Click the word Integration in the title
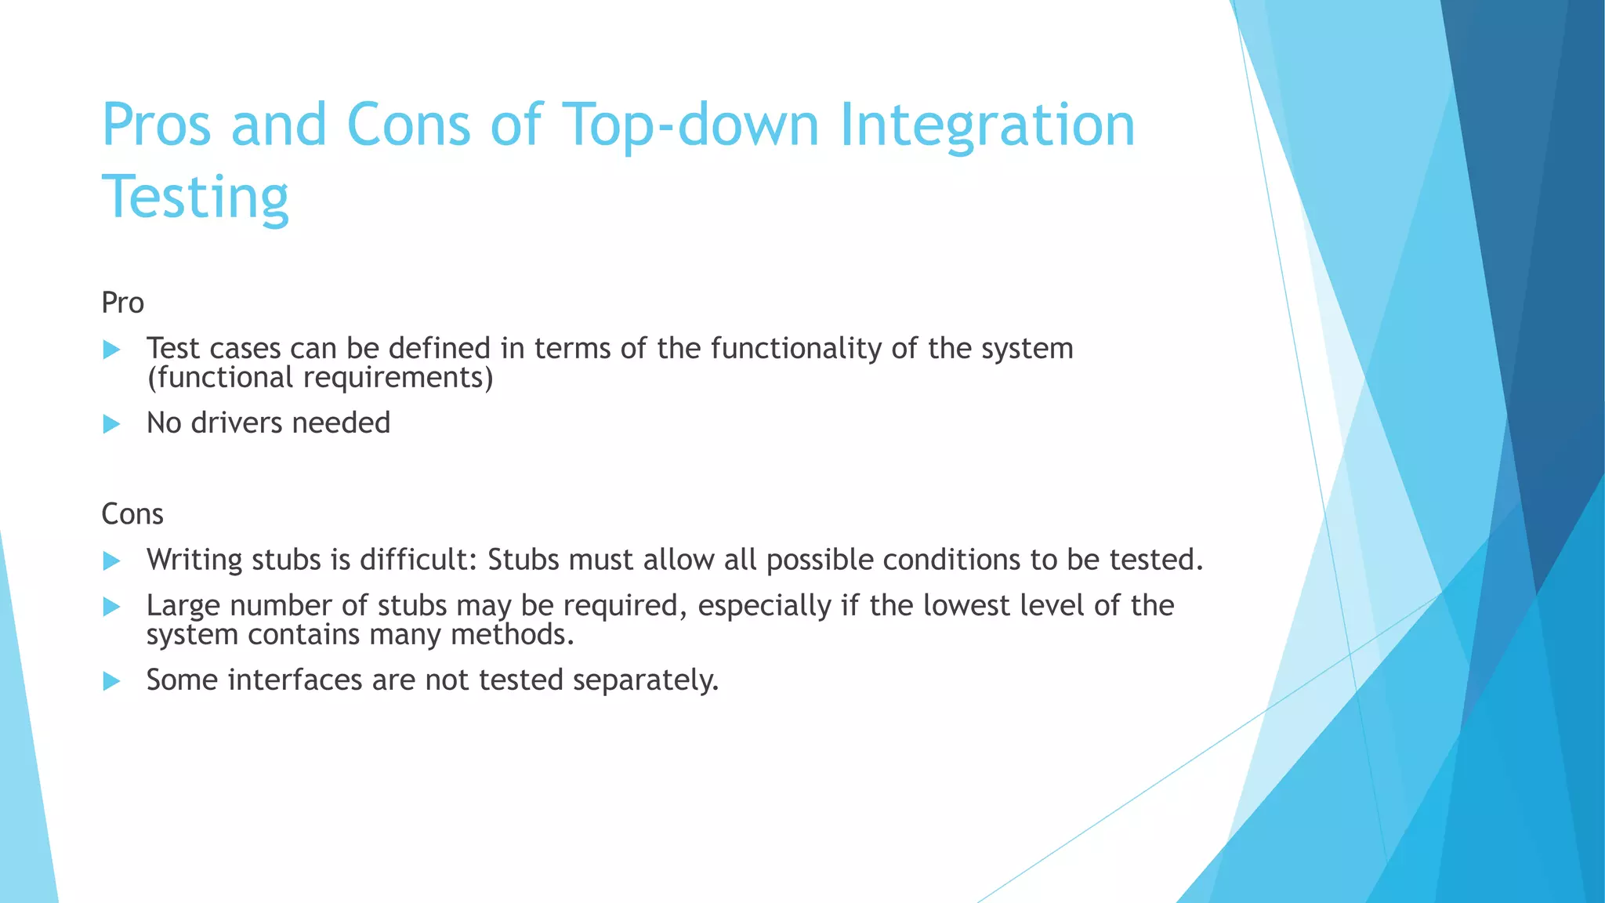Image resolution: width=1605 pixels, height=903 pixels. pos(987,125)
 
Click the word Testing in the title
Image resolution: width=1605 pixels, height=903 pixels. pos(195,198)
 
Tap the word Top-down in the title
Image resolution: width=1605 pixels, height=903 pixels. pos(690,125)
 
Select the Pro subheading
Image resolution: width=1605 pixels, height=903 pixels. pos(122,303)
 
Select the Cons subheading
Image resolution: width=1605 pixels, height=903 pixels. pos(132,515)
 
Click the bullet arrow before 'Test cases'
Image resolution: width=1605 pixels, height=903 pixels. pos(111,350)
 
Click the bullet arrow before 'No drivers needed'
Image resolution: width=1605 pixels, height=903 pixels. pos(111,424)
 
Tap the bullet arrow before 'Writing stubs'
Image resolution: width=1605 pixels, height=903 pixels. pos(111,560)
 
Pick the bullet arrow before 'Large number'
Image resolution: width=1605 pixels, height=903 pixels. pos(111,606)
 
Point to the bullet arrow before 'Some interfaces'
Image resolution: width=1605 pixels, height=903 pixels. pos(111,680)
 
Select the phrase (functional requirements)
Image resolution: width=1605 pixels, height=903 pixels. pos(320,379)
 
